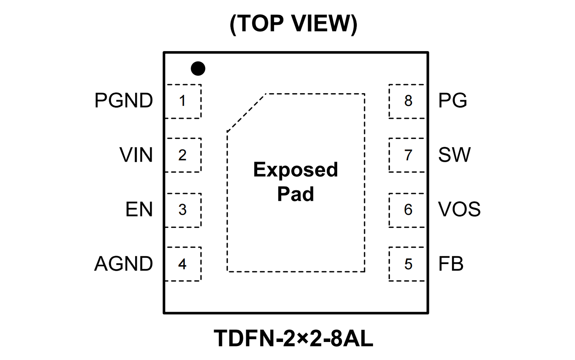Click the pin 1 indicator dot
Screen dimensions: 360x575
(x=198, y=68)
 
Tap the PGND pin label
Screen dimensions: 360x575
(x=123, y=101)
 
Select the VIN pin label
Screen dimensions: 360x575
(x=136, y=155)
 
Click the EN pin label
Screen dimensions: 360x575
(x=139, y=210)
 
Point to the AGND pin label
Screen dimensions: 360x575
(x=123, y=264)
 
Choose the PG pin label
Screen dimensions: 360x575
(x=452, y=101)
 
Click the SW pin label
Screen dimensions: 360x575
(x=454, y=155)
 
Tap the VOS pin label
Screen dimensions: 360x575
(x=459, y=210)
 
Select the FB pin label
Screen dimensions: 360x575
(x=451, y=264)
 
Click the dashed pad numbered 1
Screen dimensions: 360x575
(x=183, y=101)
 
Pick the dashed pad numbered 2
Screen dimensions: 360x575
(x=183, y=155)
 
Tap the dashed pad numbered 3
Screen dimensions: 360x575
(x=183, y=210)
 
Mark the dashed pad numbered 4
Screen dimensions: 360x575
(x=183, y=264)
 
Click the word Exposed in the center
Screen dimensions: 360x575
(x=295, y=170)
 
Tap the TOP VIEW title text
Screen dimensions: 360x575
(x=293, y=24)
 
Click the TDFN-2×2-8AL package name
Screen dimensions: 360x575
(x=293, y=338)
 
